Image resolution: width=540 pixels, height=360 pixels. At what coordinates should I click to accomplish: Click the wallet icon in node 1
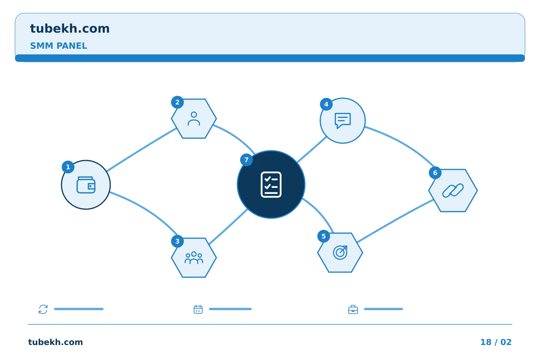[x=86, y=185]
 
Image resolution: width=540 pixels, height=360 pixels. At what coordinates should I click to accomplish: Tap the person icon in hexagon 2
[x=194, y=118]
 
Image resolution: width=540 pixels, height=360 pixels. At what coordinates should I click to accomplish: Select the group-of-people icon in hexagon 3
[x=194, y=258]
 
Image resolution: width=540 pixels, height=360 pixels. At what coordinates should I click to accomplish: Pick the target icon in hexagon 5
[x=340, y=252]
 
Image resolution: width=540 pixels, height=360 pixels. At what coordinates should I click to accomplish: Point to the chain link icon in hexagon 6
[x=453, y=190]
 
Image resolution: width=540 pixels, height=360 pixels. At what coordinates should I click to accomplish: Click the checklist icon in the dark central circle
[x=271, y=184]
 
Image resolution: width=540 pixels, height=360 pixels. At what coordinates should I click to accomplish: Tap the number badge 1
[x=68, y=167]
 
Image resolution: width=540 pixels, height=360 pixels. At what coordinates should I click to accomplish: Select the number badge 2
[x=177, y=102]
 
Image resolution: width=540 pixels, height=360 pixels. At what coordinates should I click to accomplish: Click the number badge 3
[x=177, y=241]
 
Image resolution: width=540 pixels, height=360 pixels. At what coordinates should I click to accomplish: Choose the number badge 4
[x=326, y=104]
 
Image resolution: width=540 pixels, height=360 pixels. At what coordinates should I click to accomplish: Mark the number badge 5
[x=324, y=236]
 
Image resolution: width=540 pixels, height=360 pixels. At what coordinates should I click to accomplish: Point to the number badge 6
[x=435, y=172]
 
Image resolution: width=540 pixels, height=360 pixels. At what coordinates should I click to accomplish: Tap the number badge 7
[x=246, y=160]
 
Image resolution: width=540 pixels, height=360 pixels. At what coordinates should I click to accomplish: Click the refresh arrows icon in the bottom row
[x=43, y=309]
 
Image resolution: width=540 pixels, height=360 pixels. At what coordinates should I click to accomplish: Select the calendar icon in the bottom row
[x=198, y=309]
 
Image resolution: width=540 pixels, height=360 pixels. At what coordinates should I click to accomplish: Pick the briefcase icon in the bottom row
[x=353, y=309]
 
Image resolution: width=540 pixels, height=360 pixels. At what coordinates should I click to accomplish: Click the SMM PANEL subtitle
[x=58, y=46]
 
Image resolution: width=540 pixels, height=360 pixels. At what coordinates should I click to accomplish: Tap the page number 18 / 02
[x=496, y=342]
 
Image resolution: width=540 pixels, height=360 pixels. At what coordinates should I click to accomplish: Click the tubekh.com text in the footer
[x=55, y=342]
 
